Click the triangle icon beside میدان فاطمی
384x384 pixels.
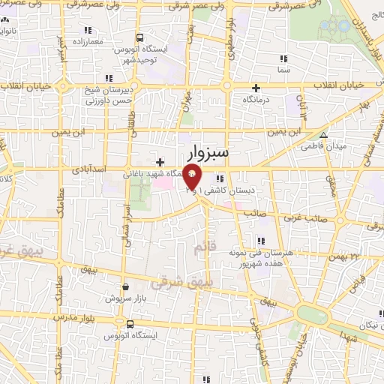[x=323, y=135]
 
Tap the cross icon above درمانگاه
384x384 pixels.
[x=256, y=87]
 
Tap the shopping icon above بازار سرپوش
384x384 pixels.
[x=124, y=286]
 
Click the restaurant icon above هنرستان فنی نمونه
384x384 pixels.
[x=261, y=241]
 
